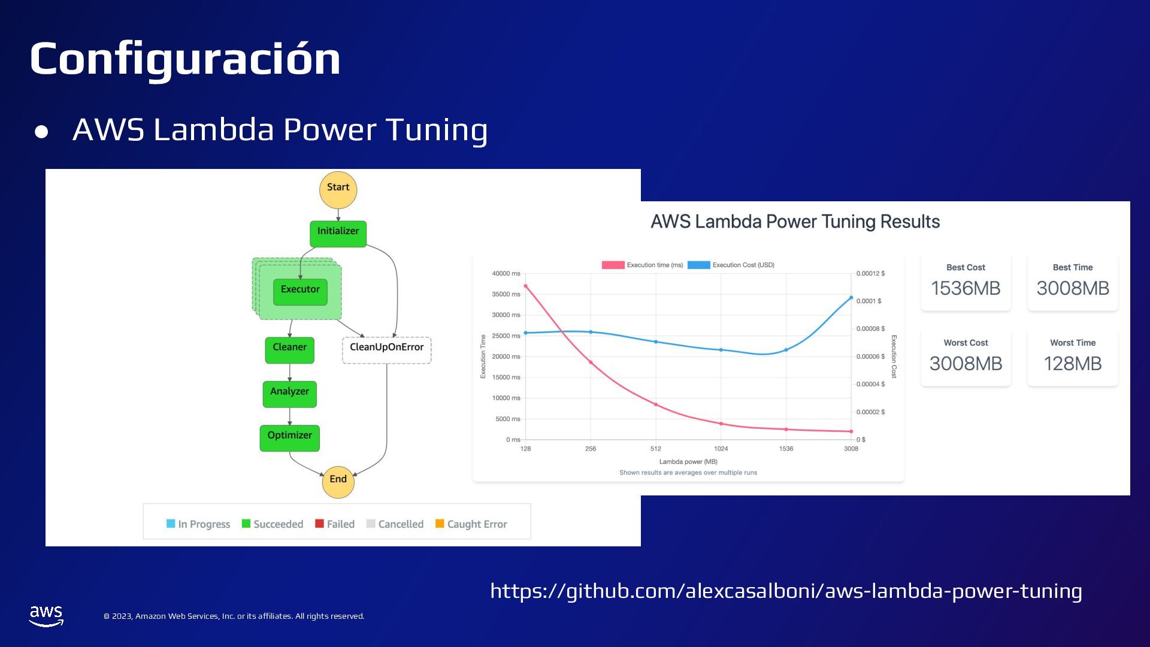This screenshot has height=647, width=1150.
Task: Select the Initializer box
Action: pyautogui.click(x=338, y=233)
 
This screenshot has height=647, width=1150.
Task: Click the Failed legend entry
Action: pyautogui.click(x=335, y=524)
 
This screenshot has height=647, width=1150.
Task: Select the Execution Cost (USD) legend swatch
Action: pyautogui.click(x=698, y=265)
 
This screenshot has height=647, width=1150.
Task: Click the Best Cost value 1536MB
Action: pyautogui.click(x=966, y=288)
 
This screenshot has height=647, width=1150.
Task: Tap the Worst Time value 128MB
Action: pyautogui.click(x=1072, y=364)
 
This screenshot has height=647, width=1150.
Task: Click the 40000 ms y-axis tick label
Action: pyautogui.click(x=506, y=274)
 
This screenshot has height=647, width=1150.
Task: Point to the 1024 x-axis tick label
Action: pyautogui.click(x=721, y=449)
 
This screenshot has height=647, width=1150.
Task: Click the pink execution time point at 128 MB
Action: pyautogui.click(x=526, y=286)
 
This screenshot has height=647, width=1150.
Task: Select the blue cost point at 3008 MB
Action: pyautogui.click(x=851, y=298)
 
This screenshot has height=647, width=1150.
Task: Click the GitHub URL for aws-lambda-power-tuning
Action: pyautogui.click(x=786, y=591)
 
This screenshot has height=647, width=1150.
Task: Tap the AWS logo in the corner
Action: pyautogui.click(x=46, y=615)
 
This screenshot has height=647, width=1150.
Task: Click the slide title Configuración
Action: pyautogui.click(x=185, y=59)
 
